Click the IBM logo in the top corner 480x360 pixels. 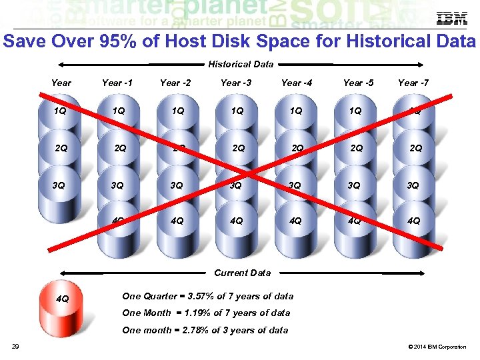451,19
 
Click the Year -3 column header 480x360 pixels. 236,83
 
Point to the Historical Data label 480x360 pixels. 241,65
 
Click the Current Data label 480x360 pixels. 242,273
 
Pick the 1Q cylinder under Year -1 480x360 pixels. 118,113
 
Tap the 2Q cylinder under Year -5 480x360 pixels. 356,149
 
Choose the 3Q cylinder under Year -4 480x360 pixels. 295,187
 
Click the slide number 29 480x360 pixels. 15,346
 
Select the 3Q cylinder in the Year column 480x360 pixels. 61,187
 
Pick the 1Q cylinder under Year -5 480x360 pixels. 356,113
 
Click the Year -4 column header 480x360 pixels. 296,83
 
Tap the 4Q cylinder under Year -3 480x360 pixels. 236,223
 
